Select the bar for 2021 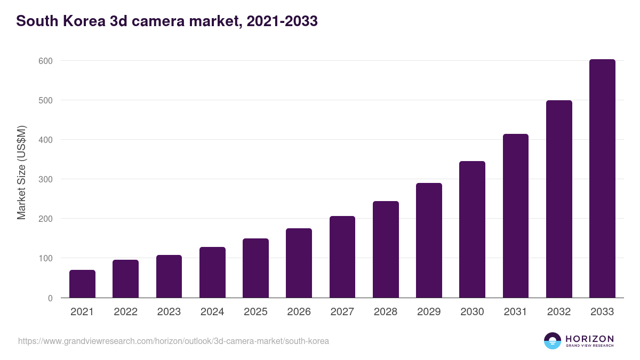pyautogui.click(x=82, y=284)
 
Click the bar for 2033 pyautogui.click(x=602, y=179)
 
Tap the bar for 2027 pyautogui.click(x=342, y=257)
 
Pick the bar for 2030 pyautogui.click(x=472, y=229)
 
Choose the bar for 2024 pyautogui.click(x=212, y=272)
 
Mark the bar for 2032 pyautogui.click(x=559, y=199)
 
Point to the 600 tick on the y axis pyautogui.click(x=46, y=61)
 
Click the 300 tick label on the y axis pyautogui.click(x=46, y=179)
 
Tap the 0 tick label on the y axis pyautogui.click(x=50, y=298)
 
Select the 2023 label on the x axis pyautogui.click(x=169, y=312)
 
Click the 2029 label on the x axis pyautogui.click(x=429, y=312)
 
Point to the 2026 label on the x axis pyautogui.click(x=299, y=312)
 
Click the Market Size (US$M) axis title pyautogui.click(x=21, y=173)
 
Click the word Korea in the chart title pyautogui.click(x=81, y=21)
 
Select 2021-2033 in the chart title pyautogui.click(x=279, y=21)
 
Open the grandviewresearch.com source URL pyautogui.click(x=173, y=341)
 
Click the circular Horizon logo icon pyautogui.click(x=553, y=341)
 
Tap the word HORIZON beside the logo pyautogui.click(x=589, y=339)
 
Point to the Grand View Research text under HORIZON pyautogui.click(x=589, y=346)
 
